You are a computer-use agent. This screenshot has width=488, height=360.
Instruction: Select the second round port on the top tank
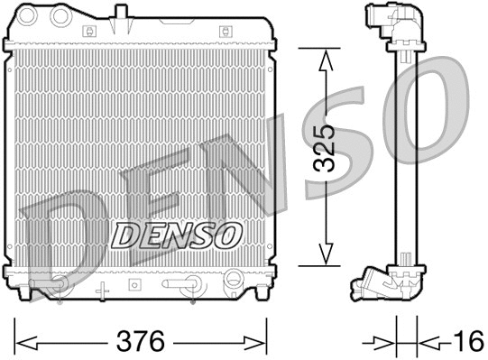(61, 16)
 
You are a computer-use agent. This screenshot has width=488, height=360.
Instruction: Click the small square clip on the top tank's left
(88, 30)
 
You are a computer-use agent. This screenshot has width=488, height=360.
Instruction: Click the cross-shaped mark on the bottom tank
(102, 290)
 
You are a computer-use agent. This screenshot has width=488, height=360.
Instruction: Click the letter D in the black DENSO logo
(124, 235)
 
